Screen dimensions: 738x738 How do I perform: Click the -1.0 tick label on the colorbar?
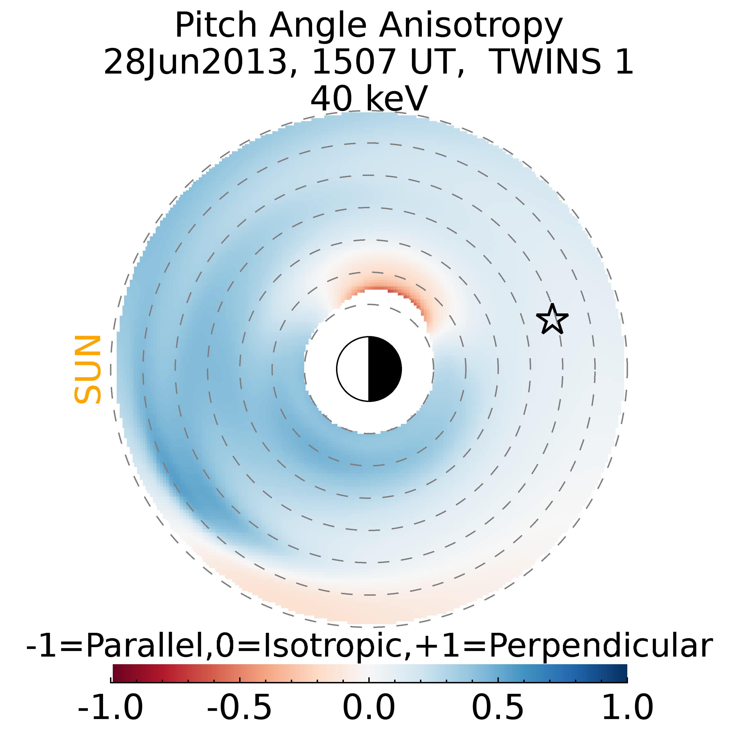pyautogui.click(x=110, y=707)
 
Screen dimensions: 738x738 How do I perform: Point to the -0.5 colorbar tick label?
pyautogui.click(x=240, y=707)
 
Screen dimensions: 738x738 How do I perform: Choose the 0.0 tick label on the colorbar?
pyautogui.click(x=369, y=707)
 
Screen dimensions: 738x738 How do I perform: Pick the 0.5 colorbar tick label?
pyautogui.click(x=498, y=707)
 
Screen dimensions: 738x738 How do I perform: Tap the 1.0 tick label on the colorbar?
pyautogui.click(x=627, y=707)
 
